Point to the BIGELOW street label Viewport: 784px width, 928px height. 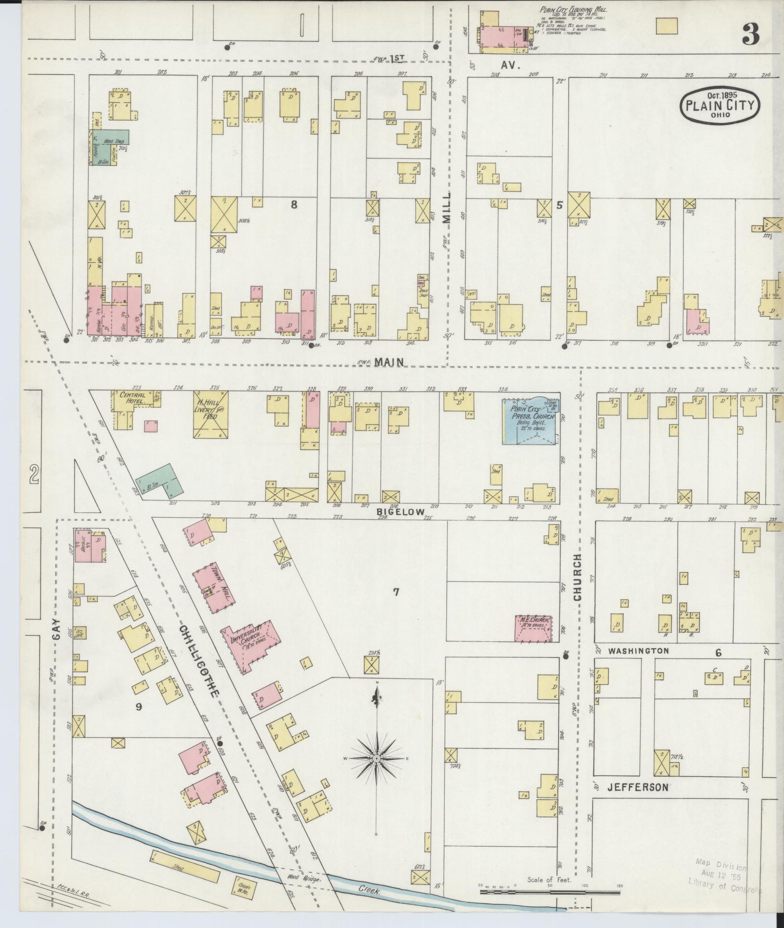pos(401,512)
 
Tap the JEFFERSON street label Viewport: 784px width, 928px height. pos(638,787)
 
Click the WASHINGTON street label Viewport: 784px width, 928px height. pos(639,651)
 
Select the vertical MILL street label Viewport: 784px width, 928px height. pos(448,208)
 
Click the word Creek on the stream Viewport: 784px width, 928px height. pos(370,890)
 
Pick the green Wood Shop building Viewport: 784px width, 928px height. pos(109,145)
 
